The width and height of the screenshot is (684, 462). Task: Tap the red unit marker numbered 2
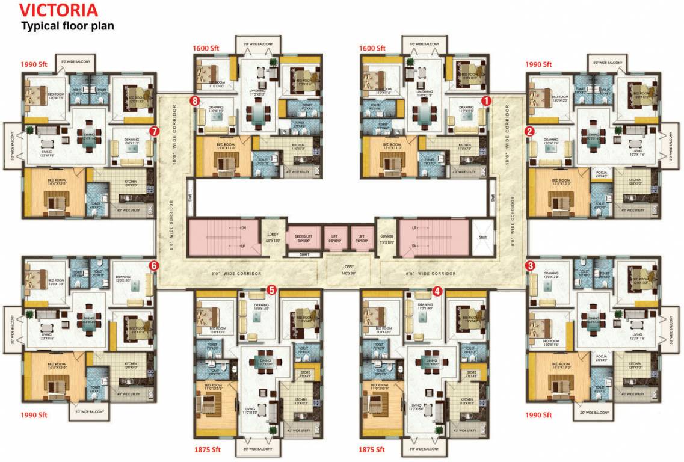pos(530,131)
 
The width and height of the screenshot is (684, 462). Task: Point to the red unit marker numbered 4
pos(437,290)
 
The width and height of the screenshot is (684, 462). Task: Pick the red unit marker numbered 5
pos(272,290)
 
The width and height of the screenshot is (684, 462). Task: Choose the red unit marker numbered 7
pos(155,130)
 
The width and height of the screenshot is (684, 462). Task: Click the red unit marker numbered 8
pos(194,102)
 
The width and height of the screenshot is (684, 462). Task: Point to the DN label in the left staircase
pos(242,228)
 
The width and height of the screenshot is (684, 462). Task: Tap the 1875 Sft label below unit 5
pos(208,449)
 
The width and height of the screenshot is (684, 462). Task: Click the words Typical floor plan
pos(67,26)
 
